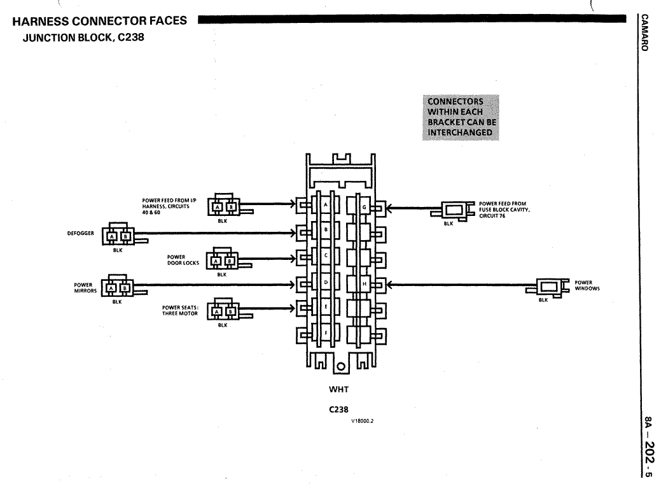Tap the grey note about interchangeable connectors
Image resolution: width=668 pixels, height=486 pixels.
[x=461, y=117]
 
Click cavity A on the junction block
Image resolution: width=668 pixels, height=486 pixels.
[x=326, y=205]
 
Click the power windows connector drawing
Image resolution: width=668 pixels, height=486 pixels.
[x=548, y=288]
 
